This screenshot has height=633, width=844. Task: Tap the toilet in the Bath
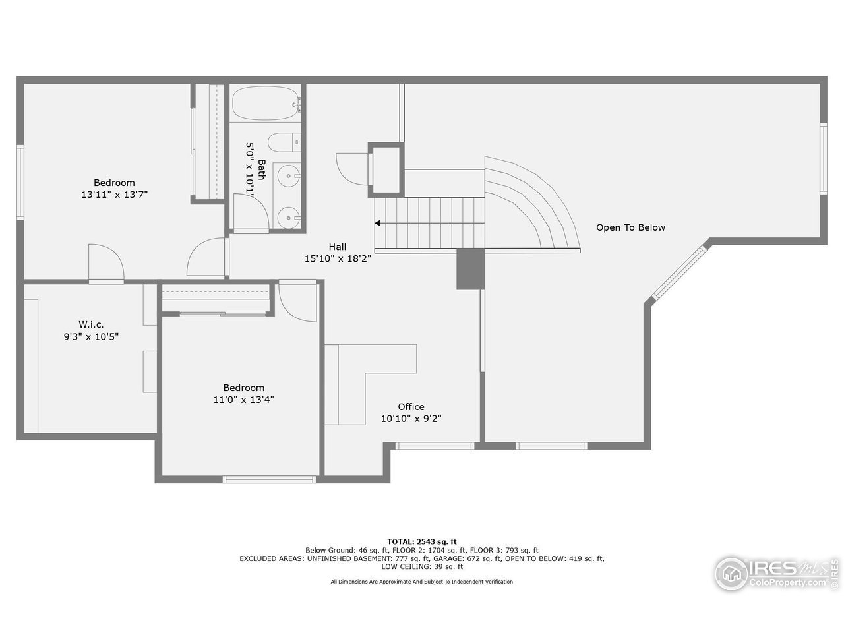click(284, 142)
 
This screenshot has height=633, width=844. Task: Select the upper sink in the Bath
click(288, 176)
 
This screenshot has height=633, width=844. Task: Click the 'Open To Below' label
click(630, 227)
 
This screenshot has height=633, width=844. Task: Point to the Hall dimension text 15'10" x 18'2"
click(338, 258)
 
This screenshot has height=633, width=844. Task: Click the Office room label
click(411, 407)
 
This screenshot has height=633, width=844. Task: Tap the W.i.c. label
click(91, 324)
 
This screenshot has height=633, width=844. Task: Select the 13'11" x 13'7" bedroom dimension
click(114, 195)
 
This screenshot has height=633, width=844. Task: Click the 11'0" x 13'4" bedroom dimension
click(243, 399)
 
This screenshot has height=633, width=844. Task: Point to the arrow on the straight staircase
click(378, 224)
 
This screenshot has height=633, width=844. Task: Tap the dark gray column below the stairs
click(470, 269)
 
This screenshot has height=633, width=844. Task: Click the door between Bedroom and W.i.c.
click(105, 263)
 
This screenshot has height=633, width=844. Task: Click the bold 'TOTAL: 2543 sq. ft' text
click(421, 541)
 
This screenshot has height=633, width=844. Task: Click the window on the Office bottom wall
click(435, 446)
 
